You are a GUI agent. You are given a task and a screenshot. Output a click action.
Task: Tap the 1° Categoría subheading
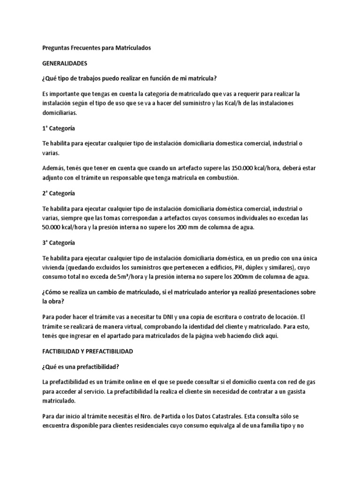[x=59, y=128]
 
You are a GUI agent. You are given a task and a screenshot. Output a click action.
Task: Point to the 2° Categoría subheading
[x=59, y=193]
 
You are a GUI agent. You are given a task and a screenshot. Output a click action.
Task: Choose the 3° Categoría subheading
[x=59, y=243]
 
